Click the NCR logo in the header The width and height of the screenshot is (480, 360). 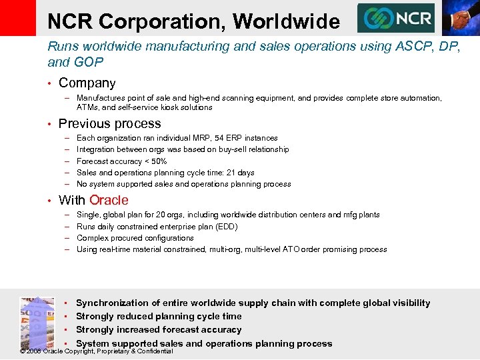(x=395, y=18)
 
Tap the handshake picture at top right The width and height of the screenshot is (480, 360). (x=459, y=17)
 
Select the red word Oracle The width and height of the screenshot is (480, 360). (x=109, y=200)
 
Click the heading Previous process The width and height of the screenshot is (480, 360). (x=109, y=123)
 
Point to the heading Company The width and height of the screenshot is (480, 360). (x=87, y=83)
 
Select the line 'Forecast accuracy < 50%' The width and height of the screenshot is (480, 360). (x=121, y=161)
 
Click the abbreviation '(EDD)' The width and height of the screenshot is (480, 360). (x=227, y=227)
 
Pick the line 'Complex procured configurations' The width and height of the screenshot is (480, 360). (x=135, y=238)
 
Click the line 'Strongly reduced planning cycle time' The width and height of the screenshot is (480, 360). (x=159, y=316)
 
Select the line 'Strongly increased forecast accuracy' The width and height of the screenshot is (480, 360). (x=159, y=330)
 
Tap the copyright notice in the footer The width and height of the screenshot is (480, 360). (x=97, y=351)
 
